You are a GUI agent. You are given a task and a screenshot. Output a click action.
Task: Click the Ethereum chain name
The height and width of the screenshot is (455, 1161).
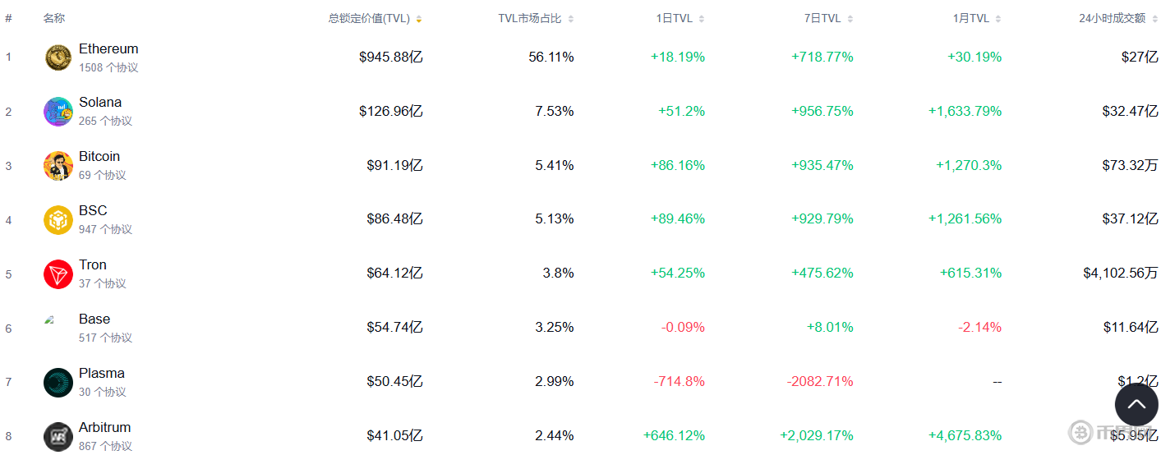point(108,49)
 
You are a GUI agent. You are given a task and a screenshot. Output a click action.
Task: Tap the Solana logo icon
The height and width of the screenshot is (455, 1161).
point(58,112)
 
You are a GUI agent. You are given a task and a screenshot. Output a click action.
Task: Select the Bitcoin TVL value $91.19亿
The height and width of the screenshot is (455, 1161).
point(394,165)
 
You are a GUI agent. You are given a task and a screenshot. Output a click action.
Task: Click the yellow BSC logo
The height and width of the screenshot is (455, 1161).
point(58,220)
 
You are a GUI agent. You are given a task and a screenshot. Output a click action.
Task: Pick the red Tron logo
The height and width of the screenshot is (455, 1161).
point(58,274)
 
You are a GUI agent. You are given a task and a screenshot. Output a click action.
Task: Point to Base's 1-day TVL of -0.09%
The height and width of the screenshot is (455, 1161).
point(683,328)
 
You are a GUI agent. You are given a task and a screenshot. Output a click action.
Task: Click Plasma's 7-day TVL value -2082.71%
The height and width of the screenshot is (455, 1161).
point(820,382)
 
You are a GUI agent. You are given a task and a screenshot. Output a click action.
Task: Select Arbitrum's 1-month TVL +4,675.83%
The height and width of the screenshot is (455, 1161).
point(965,436)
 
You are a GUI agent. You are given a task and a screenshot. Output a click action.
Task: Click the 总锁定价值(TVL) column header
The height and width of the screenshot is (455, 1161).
point(369,19)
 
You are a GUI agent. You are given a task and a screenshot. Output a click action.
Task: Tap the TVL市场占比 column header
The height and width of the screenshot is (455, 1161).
point(530,19)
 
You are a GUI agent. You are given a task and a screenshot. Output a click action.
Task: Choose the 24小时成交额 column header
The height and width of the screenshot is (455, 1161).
point(1112,19)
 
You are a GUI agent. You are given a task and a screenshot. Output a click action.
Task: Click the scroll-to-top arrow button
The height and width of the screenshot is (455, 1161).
point(1136,404)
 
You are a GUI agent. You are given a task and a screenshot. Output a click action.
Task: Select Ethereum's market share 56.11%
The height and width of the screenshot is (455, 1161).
point(551,57)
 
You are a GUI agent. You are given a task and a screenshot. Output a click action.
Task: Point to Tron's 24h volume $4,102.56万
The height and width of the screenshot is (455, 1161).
point(1120,273)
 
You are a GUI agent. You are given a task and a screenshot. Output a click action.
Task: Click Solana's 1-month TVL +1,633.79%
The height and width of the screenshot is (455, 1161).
point(965,112)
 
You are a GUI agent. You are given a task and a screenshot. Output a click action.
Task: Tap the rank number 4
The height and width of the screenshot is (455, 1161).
point(9,220)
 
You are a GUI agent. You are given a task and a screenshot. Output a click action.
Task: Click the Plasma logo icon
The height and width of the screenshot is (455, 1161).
point(58,383)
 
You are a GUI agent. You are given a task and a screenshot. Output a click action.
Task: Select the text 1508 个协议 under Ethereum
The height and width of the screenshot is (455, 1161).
point(108,68)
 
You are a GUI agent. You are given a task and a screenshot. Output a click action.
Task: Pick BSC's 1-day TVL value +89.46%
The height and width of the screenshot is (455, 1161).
point(677,219)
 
